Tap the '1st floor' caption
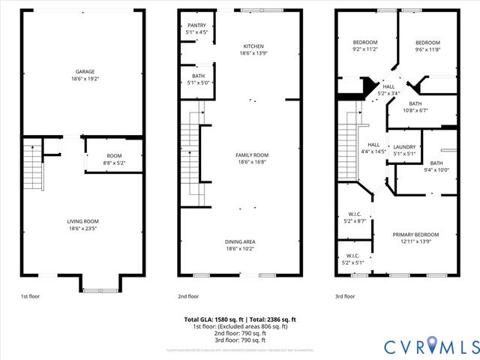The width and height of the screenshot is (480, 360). click(x=30, y=296)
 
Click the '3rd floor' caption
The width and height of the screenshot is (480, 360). click(x=345, y=296)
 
